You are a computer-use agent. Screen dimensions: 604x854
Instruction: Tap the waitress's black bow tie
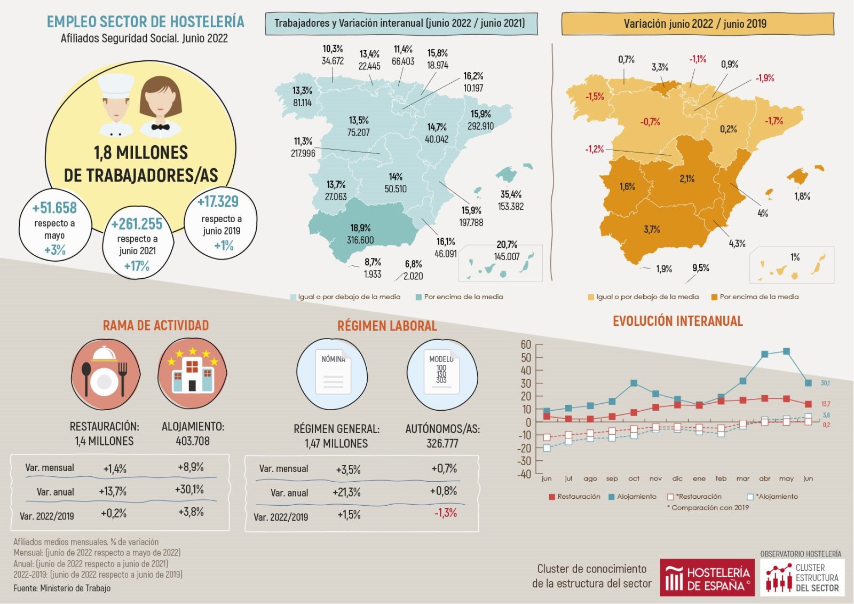point(160,127)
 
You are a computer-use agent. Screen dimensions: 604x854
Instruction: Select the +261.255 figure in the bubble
point(137,224)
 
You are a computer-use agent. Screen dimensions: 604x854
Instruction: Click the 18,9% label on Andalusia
point(360,228)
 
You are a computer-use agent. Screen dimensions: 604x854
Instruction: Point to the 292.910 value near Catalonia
point(480,126)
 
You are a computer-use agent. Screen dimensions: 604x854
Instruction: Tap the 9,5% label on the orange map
point(700,268)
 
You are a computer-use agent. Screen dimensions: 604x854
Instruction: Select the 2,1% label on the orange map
point(687,179)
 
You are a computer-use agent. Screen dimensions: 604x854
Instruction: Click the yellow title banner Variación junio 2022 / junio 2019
point(697,24)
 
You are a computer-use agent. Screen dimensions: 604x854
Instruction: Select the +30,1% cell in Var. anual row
point(189,490)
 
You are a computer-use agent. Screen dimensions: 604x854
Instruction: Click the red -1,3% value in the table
point(446,513)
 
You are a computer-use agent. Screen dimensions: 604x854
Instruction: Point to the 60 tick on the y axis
point(526,344)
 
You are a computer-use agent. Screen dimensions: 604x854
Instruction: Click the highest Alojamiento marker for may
point(786,351)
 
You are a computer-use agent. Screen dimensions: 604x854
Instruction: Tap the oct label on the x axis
point(634,479)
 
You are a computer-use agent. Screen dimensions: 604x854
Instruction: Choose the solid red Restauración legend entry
point(574,497)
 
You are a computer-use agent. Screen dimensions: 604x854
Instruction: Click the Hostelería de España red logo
point(707,578)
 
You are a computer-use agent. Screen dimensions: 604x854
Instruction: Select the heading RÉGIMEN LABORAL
point(387,326)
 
